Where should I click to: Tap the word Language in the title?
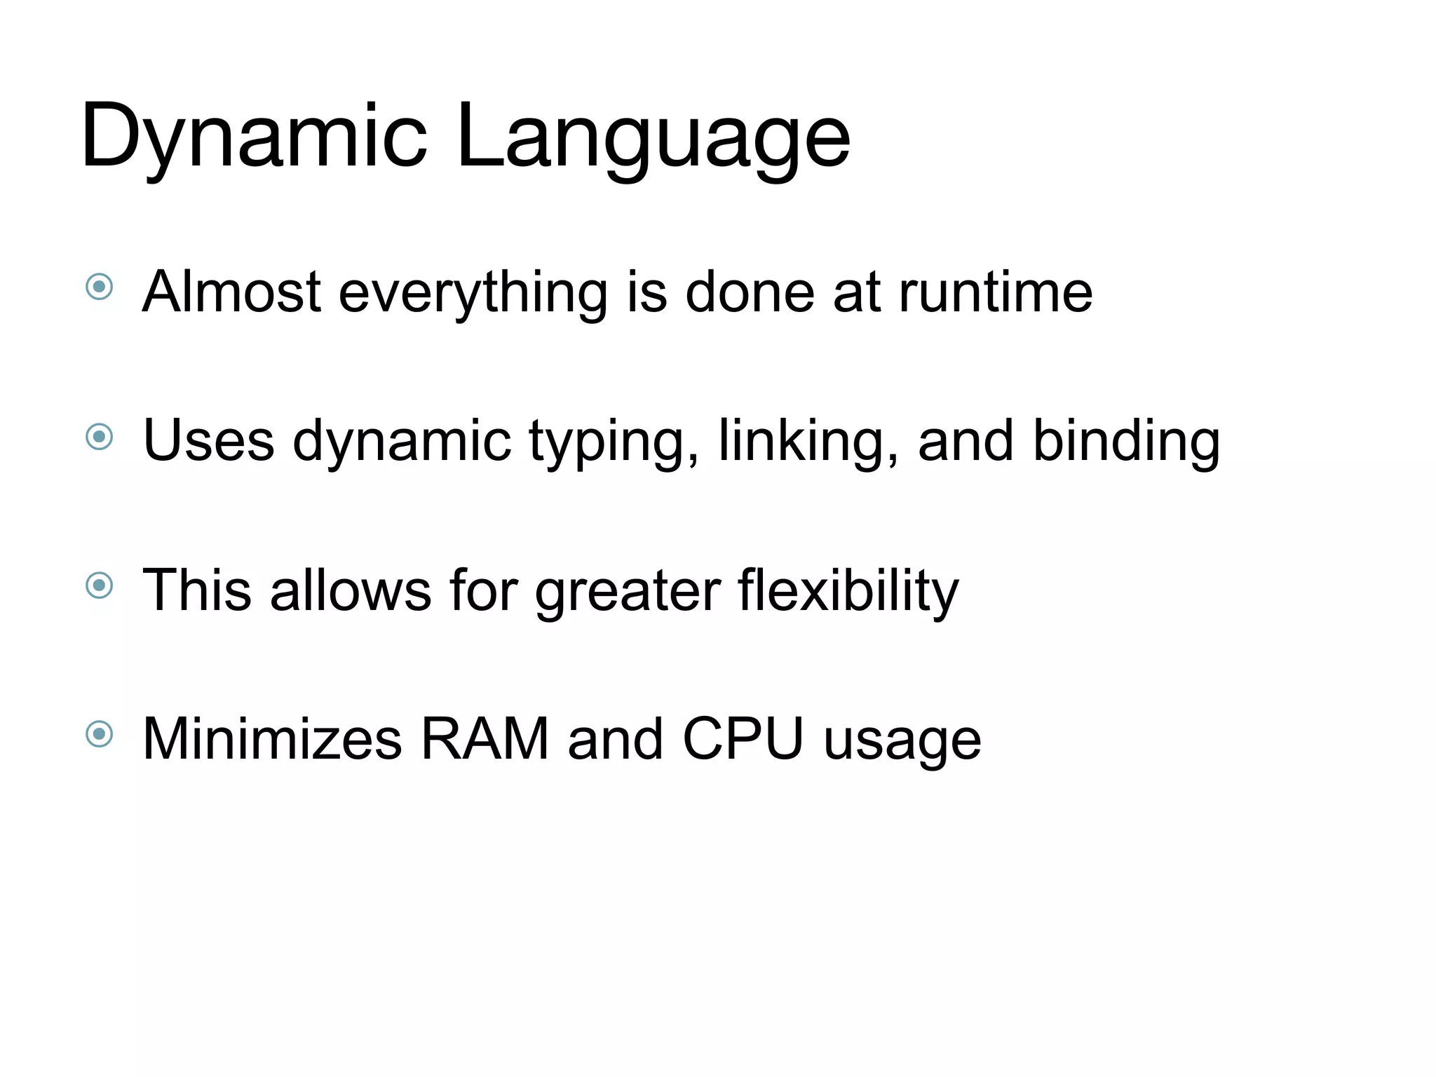tap(653, 137)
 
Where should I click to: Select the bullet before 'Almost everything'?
tap(99, 286)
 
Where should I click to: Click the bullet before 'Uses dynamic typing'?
tap(99, 437)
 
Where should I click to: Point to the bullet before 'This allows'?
tap(99, 585)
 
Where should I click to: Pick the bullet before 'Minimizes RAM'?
tap(99, 734)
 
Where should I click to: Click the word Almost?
tap(231, 292)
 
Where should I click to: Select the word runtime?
tap(996, 292)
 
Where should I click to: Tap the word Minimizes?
tap(272, 739)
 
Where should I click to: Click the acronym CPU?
tap(743, 739)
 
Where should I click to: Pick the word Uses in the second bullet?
tap(208, 441)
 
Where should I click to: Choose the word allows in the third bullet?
tap(351, 590)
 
